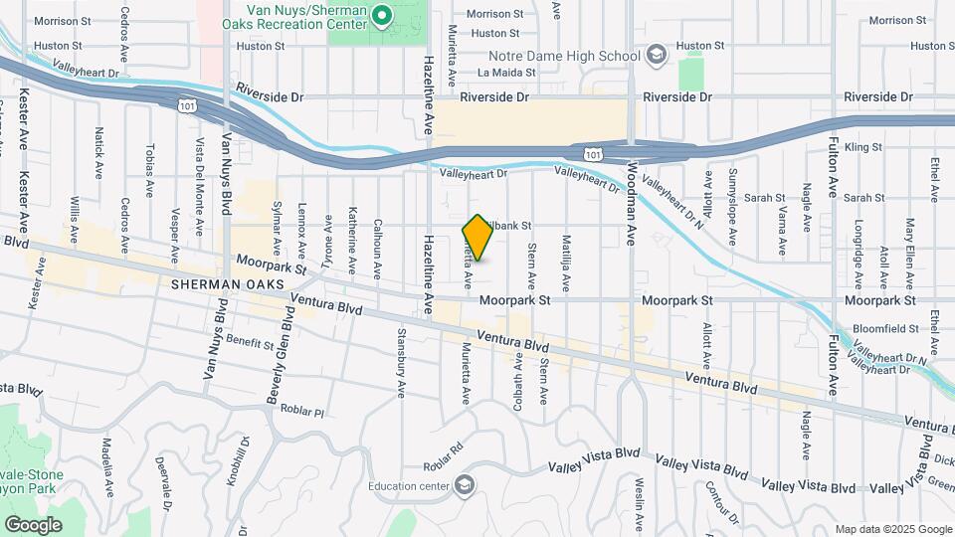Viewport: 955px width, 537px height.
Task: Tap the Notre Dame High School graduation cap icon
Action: tap(656, 56)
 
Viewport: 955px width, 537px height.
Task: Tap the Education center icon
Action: tap(464, 486)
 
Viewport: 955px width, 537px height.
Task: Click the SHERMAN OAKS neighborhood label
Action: tap(228, 284)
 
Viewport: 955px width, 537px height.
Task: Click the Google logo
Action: tap(33, 524)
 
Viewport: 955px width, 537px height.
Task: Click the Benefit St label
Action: tap(249, 343)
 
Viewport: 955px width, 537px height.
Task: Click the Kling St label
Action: tap(862, 147)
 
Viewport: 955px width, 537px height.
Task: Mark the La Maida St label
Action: tap(499, 72)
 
